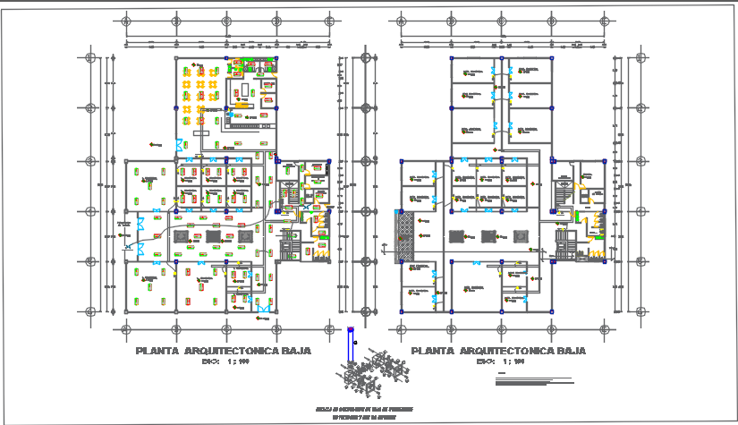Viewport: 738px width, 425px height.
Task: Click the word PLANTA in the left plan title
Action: click(x=157, y=352)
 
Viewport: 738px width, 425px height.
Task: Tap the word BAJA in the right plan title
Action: click(x=567, y=352)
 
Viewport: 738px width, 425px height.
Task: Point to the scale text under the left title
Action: click(x=224, y=362)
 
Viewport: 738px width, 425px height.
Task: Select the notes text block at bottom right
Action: click(x=535, y=379)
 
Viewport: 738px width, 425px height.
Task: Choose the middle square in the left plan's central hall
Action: click(x=214, y=235)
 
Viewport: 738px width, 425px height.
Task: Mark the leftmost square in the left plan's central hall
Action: click(x=182, y=235)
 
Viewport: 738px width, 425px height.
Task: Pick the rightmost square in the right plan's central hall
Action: click(x=522, y=236)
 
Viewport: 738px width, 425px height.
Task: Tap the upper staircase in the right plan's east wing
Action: click(x=564, y=188)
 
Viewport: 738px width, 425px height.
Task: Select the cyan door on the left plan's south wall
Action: click(x=264, y=310)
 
